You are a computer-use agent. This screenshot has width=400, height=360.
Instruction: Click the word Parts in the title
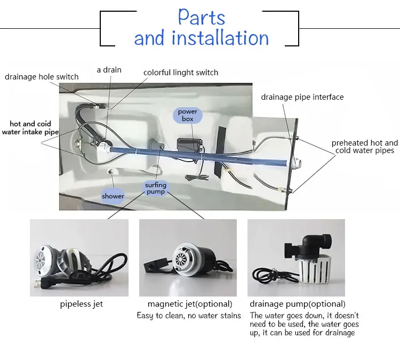coord(201,17)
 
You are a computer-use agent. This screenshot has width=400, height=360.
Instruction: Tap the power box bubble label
coord(188,115)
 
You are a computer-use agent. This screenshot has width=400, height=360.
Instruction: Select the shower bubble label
coord(113,196)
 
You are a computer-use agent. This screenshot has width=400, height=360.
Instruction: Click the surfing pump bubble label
coord(156,188)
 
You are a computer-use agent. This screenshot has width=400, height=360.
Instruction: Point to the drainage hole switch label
coord(42,77)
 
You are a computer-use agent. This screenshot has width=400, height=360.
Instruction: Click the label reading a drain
coord(109,70)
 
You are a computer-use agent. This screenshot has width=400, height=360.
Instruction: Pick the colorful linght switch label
coord(181,73)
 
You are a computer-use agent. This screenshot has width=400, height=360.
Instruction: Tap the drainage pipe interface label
coord(302,97)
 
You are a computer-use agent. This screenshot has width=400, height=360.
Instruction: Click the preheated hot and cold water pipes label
coord(365,147)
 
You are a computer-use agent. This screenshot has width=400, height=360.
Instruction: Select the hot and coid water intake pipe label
coord(30,128)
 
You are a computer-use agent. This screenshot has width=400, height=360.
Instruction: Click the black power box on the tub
coord(190,146)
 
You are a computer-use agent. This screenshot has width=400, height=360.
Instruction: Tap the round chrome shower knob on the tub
coord(110,172)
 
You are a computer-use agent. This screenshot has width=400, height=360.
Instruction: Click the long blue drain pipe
coord(199,155)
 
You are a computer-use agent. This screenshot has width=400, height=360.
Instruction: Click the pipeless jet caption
coord(82,304)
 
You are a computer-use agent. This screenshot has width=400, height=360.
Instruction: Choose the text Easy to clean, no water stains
coord(189,316)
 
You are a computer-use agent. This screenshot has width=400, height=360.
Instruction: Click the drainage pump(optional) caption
coord(298,304)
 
